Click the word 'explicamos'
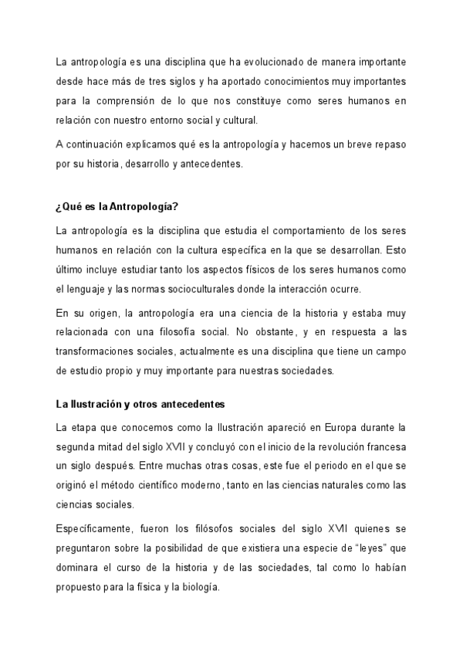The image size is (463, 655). point(150,145)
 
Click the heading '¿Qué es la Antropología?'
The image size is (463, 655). point(117,205)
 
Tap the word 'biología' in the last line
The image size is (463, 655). point(201,587)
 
